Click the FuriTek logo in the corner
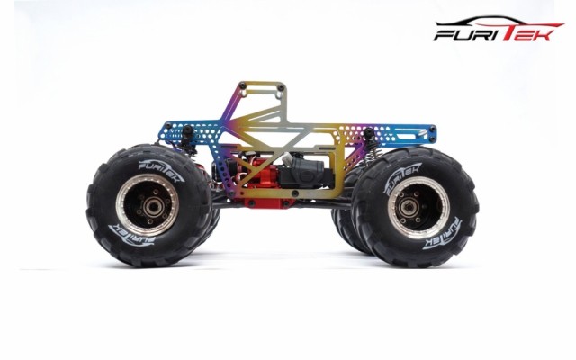pos(499,29)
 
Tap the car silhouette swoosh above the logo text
pos(499,21)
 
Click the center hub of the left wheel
pos(150,207)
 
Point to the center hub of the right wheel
pos(409,208)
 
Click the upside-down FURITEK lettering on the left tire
pos(132,234)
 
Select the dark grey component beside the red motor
pos(306,174)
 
